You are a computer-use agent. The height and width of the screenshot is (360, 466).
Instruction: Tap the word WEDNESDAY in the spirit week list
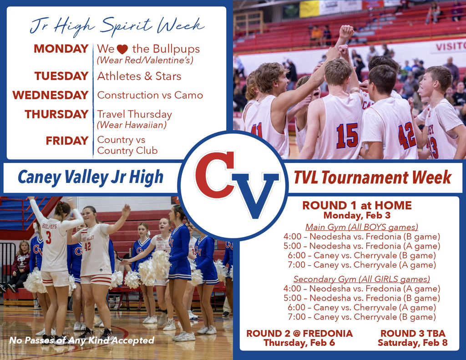(50, 95)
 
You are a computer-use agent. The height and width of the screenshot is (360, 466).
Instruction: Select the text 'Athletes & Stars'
(139, 76)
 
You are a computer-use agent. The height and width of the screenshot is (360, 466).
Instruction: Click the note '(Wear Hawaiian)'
(132, 124)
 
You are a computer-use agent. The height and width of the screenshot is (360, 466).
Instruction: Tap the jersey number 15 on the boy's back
(347, 135)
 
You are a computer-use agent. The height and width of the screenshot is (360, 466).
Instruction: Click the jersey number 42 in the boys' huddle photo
(406, 136)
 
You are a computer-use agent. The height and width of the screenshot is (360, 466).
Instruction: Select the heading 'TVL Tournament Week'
(372, 177)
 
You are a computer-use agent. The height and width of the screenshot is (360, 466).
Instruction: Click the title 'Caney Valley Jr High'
(90, 177)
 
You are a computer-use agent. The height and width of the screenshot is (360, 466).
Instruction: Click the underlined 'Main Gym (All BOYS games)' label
(361, 227)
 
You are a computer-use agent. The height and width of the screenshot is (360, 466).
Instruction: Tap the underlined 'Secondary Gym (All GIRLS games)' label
(361, 279)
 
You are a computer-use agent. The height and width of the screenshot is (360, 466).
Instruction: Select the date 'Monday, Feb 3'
(357, 215)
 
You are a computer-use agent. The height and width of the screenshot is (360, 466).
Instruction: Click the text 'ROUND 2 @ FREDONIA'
(299, 334)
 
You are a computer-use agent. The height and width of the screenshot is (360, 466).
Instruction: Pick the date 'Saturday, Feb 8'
(412, 343)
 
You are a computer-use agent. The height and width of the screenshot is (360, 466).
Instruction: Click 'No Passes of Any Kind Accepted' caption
(81, 340)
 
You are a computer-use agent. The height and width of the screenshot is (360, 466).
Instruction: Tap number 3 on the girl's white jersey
(48, 238)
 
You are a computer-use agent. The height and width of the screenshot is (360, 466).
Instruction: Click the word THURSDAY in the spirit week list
(56, 114)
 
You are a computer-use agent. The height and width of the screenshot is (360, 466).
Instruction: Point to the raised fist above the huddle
(347, 31)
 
